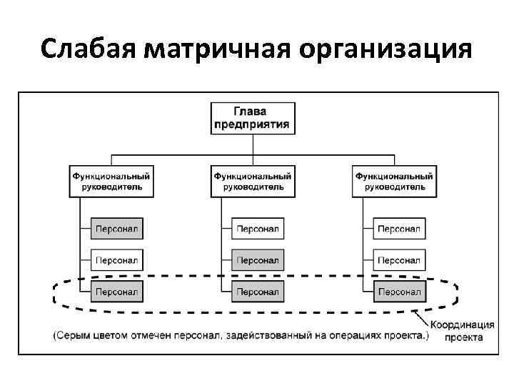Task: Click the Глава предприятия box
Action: [x=253, y=117]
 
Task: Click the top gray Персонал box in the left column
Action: [x=116, y=229]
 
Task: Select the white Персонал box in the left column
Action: [x=116, y=259]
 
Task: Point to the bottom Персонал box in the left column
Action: [x=116, y=291]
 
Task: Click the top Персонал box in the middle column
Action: [x=258, y=229]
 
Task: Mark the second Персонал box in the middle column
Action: [x=258, y=259]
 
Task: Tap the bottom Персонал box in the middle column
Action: [x=258, y=291]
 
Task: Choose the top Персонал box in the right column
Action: [x=399, y=229]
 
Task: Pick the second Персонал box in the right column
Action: [x=399, y=259]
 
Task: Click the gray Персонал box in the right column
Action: [x=399, y=291]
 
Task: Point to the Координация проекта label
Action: [x=463, y=332]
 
